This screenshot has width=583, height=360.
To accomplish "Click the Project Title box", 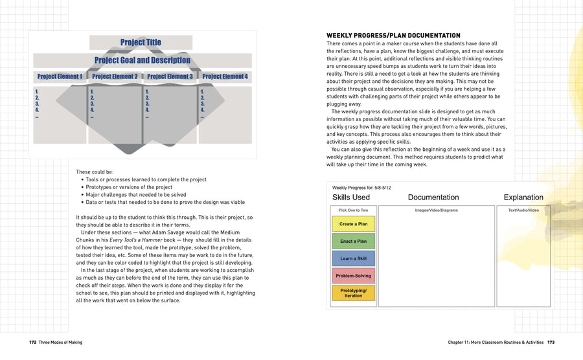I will (141, 43).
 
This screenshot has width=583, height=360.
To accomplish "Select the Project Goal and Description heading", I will (142, 60).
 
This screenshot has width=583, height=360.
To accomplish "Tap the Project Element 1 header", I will (60, 76).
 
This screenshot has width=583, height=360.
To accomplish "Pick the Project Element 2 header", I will (115, 76).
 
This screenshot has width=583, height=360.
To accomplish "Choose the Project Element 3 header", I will (170, 76).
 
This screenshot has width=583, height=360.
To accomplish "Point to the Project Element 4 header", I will (225, 76).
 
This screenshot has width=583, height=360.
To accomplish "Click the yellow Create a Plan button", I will (354, 224).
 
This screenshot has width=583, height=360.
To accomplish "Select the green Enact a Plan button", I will (354, 242).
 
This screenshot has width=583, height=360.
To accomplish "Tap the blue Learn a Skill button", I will (354, 258).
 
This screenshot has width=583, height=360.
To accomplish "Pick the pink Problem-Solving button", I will (354, 276).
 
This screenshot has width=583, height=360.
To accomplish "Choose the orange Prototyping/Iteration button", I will (354, 293).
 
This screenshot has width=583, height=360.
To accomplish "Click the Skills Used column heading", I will (351, 197).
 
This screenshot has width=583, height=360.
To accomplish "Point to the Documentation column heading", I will (433, 197).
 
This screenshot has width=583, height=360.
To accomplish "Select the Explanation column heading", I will (523, 197).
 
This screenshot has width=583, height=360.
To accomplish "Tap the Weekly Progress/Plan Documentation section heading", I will (393, 36).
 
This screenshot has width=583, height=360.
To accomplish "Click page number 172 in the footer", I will (32, 342).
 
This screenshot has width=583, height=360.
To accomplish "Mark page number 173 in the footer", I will (551, 342).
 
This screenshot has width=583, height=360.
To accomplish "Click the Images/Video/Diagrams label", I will (437, 210).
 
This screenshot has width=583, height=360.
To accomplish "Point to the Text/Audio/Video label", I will (523, 210).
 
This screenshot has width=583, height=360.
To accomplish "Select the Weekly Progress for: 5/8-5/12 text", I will (363, 187).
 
